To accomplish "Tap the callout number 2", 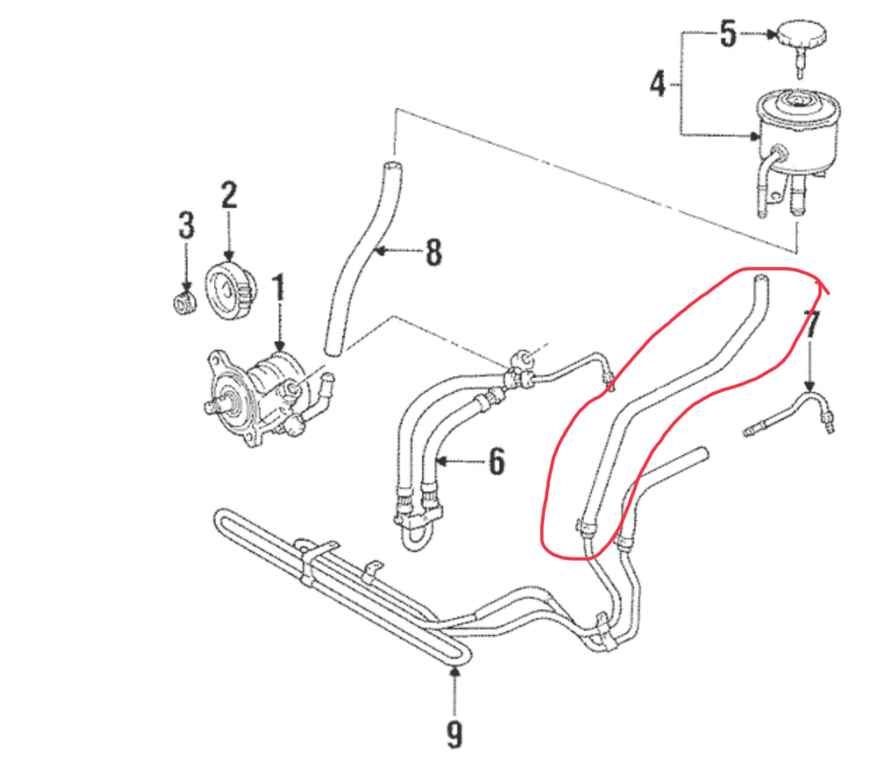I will [229, 196].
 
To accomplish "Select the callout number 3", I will [185, 225].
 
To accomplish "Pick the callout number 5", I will [728, 33].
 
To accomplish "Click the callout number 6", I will [496, 462].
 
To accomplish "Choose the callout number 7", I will [812, 325].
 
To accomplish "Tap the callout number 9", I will [455, 733].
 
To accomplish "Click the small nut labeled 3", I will [185, 303].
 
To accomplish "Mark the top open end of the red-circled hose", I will [760, 281].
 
